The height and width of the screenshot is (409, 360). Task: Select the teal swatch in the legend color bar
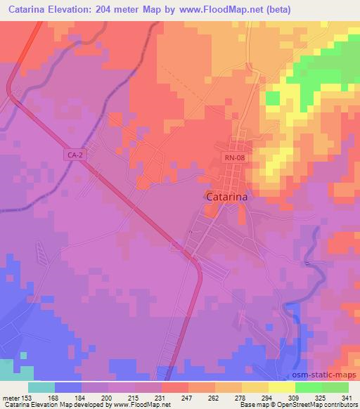(x=41, y=387)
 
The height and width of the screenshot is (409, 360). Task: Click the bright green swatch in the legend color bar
(x=308, y=387)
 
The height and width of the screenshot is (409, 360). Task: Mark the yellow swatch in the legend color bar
(x=281, y=387)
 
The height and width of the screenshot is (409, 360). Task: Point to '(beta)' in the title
(x=276, y=10)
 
